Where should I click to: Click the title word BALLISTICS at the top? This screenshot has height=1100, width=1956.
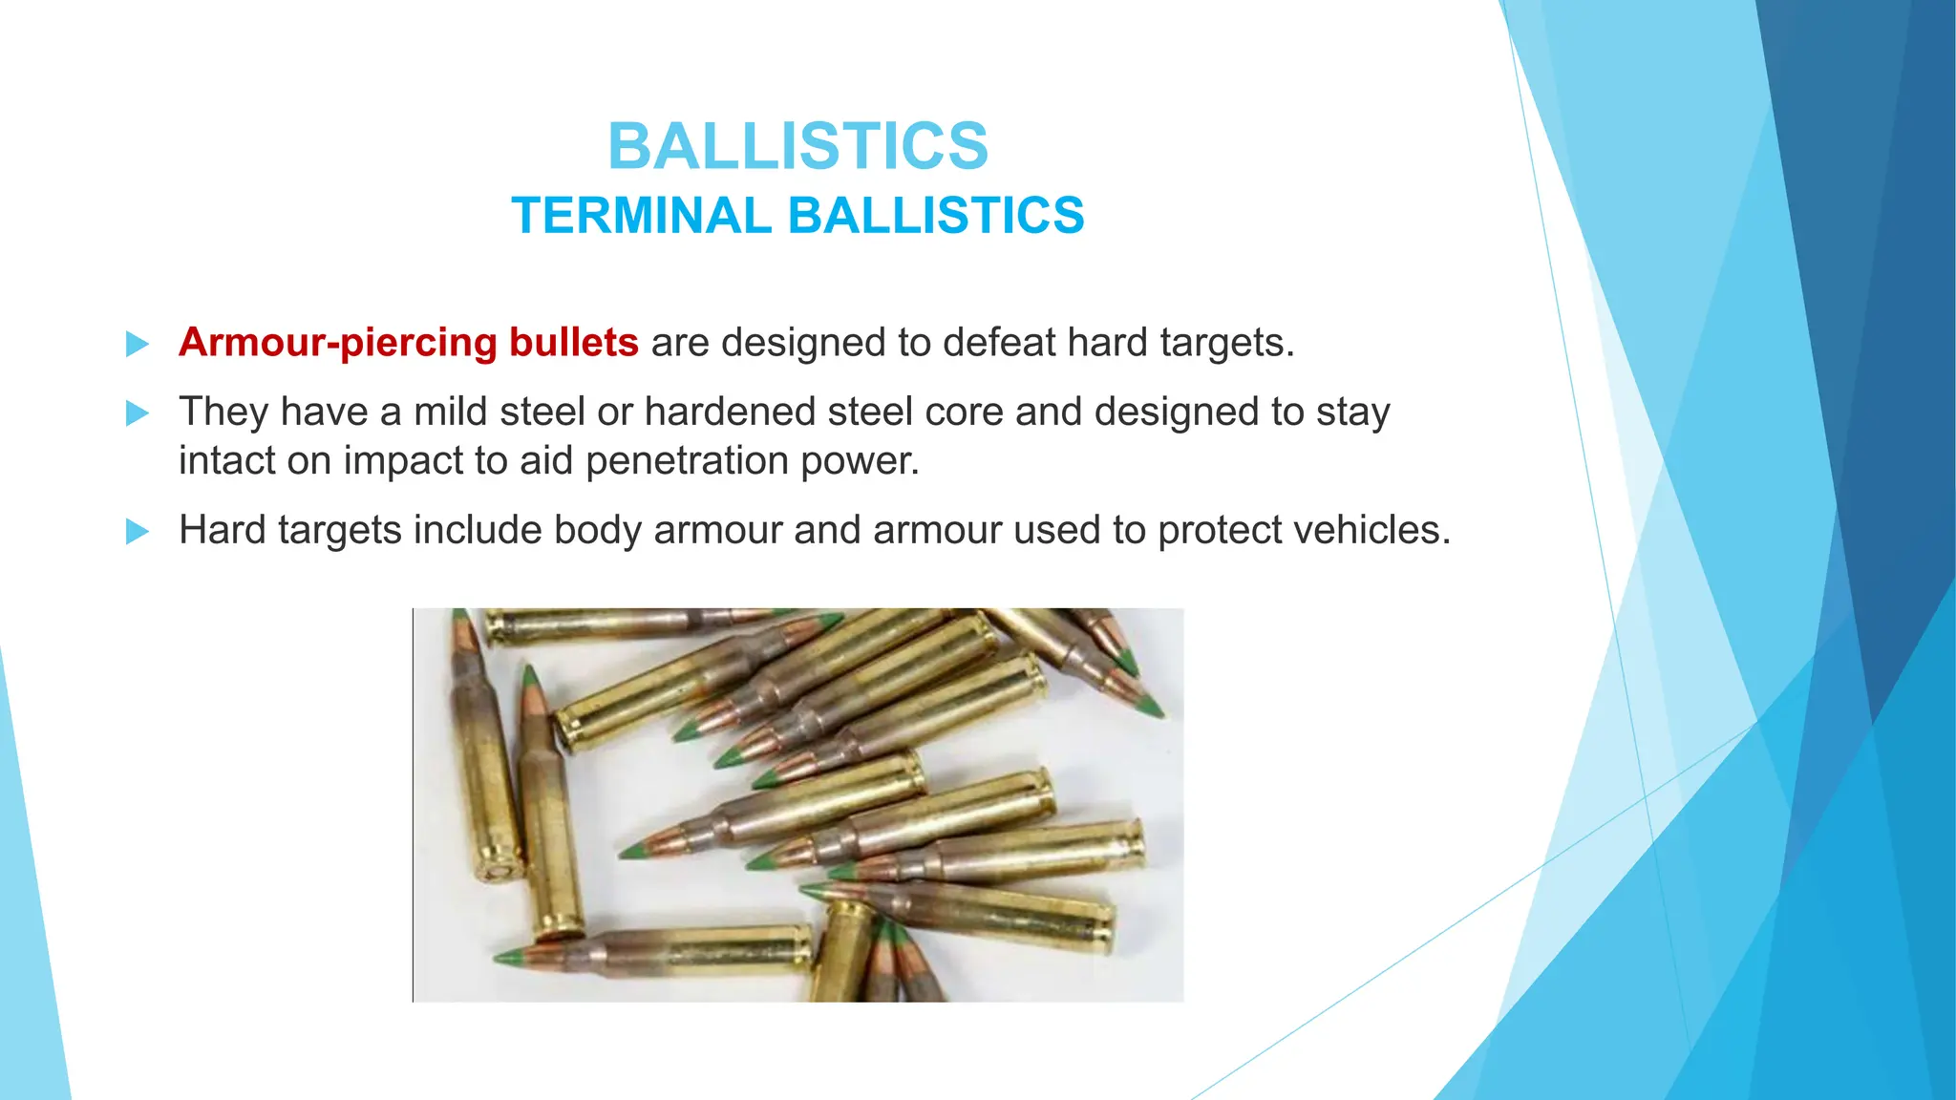pos(797,147)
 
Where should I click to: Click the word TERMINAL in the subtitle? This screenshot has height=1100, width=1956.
pos(641,215)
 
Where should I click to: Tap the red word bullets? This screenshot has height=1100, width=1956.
pos(573,343)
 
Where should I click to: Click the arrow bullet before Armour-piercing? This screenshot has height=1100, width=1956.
pos(138,344)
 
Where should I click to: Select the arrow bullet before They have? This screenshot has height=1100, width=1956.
pos(138,413)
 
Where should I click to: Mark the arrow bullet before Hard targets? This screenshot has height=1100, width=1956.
pos(138,532)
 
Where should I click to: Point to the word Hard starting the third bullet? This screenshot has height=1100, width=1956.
pos(223,531)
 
